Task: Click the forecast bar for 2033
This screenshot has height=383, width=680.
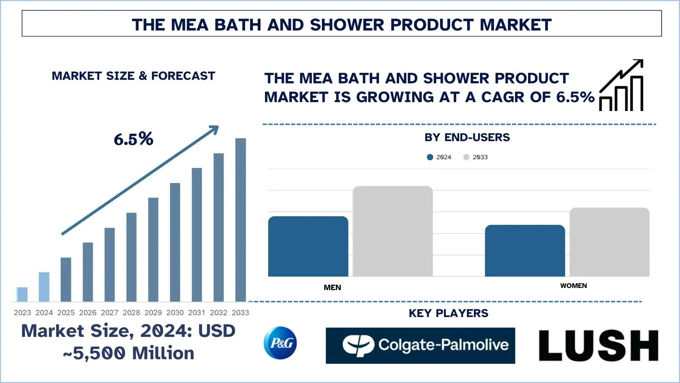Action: [x=240, y=220]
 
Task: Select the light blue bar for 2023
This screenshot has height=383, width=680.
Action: [x=22, y=294]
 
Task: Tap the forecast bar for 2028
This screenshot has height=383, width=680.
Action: [x=131, y=257]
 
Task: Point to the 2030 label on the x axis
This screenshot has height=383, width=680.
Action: [x=175, y=312]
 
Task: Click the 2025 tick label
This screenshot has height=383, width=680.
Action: [x=66, y=312]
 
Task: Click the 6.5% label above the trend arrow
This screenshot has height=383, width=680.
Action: [x=134, y=139]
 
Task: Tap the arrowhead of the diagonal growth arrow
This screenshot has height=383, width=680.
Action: [x=214, y=129]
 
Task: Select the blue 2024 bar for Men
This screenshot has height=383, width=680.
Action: [x=308, y=246]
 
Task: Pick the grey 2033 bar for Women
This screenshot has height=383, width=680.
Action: [x=609, y=242]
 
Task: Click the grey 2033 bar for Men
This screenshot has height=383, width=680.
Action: [x=392, y=231]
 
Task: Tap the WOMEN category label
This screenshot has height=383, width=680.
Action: [x=573, y=286]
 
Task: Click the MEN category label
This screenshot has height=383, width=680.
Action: [x=332, y=288]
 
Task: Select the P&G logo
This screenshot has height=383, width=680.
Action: [x=280, y=343]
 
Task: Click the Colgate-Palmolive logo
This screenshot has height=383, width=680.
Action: [x=420, y=345]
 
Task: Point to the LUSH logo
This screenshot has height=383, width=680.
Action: [x=599, y=345]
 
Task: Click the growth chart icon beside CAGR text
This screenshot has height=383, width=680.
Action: [x=622, y=86]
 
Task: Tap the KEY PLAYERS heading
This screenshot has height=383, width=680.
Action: [x=448, y=313]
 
